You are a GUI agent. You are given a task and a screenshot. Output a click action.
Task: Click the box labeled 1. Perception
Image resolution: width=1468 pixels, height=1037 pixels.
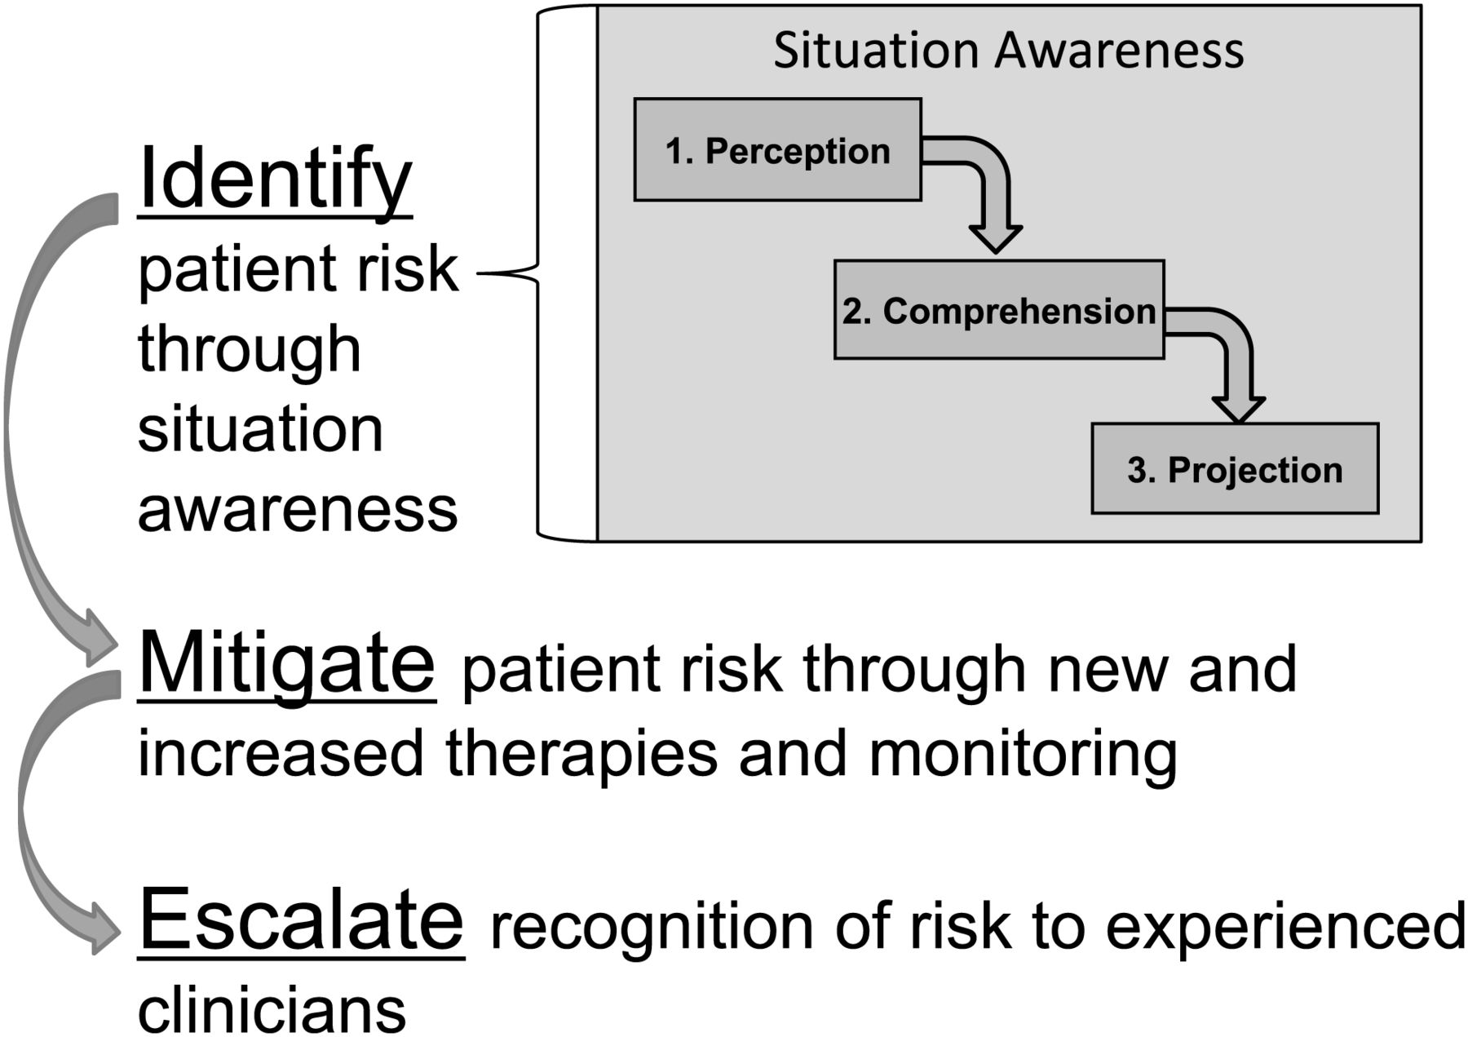[777, 149]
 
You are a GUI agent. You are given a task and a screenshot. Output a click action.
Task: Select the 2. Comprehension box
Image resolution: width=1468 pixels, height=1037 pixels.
[999, 310]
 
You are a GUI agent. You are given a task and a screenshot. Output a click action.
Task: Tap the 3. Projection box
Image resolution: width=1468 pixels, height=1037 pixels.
[1235, 468]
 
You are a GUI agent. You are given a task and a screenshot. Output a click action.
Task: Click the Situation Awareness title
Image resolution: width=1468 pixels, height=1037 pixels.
[1008, 50]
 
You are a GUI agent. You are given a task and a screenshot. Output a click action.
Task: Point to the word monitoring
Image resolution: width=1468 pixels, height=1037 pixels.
[1023, 754]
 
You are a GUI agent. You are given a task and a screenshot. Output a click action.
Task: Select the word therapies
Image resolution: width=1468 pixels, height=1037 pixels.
[581, 754]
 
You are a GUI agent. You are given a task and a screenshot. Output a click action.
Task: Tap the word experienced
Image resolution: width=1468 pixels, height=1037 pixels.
[1285, 928]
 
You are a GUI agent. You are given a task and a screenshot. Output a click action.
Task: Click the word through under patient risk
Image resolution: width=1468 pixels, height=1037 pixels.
[249, 351]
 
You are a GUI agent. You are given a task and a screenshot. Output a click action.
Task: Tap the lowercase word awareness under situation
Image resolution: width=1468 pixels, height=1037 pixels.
[298, 510]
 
